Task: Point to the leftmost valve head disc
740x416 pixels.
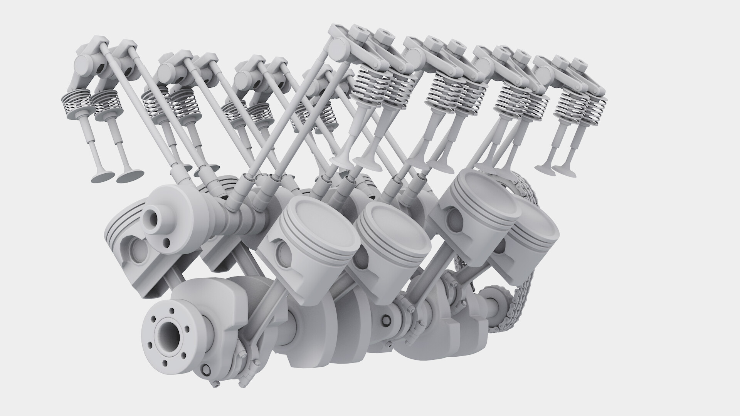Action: click(103, 176)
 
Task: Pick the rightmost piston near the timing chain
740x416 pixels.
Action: click(534, 235)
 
